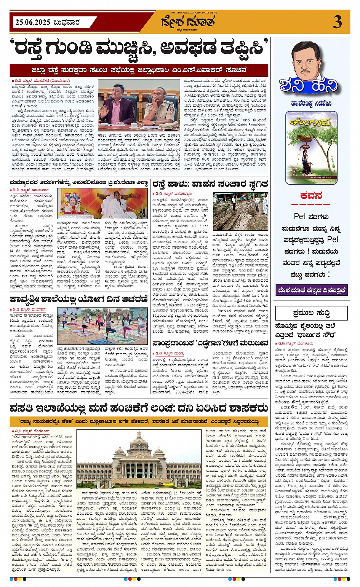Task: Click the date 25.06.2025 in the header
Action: tap(33, 22)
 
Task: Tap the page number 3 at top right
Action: tap(337, 22)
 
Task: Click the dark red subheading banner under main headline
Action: tap(139, 70)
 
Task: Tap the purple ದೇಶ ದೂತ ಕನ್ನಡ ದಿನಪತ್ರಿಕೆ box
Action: tap(311, 290)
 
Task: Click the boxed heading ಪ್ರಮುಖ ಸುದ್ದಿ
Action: tap(311, 313)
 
